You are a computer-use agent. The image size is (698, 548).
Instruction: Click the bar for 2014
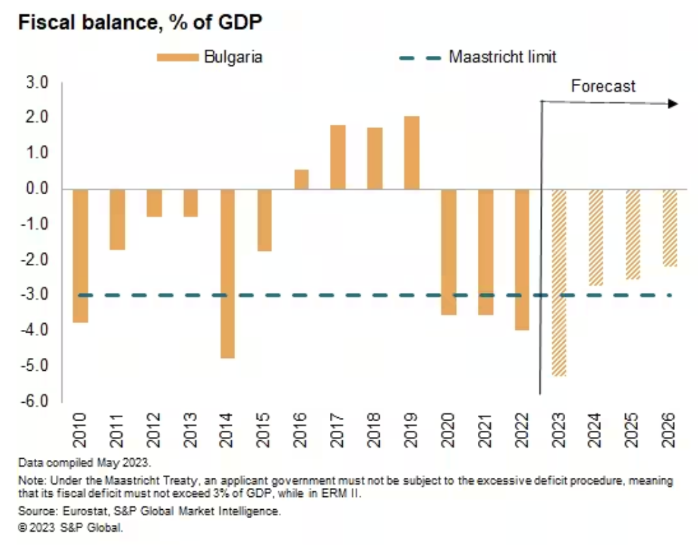pos(228,273)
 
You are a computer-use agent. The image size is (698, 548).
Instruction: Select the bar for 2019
pos(412,152)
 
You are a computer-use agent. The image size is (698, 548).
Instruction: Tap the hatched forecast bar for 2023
pos(559,282)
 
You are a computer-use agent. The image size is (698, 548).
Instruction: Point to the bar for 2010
pos(80,256)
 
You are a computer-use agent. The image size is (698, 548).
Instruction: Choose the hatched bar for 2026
pos(669,228)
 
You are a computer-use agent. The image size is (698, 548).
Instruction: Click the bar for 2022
pos(522,259)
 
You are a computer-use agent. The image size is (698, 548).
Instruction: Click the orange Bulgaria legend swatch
pos(177,57)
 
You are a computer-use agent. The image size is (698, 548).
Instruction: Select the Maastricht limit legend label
pos(502,57)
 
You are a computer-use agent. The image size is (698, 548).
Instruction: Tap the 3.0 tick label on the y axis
pos(38,83)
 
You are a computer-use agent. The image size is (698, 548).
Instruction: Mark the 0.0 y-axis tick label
pos(38,189)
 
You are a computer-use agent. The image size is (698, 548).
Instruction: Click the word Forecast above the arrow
pos(603,87)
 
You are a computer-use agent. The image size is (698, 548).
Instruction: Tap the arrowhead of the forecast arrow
pos(673,104)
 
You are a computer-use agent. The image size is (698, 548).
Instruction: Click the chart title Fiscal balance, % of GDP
pos(140,22)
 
